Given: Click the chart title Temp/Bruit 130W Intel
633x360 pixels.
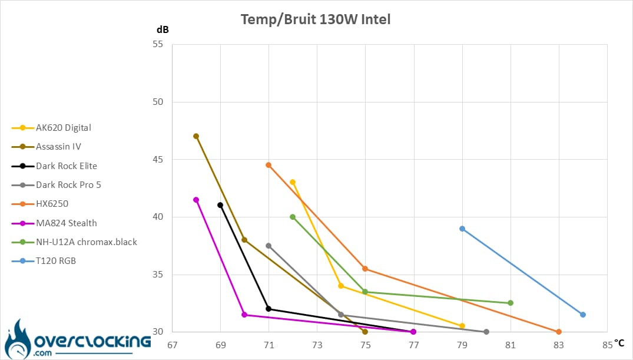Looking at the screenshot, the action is coord(315,19).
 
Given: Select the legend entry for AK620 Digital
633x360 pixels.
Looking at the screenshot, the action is coord(51,128).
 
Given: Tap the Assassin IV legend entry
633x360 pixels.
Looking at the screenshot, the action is coord(47,147).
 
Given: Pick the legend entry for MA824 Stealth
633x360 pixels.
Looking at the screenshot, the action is coord(54,223).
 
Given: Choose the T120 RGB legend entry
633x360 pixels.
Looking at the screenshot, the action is coord(44,261).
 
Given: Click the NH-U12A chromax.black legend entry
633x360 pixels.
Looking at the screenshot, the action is coord(74,242).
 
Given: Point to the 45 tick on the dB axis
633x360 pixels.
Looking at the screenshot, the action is coord(158,160).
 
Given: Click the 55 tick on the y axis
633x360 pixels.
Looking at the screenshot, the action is coord(158,44).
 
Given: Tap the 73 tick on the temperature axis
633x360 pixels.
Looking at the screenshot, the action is coord(317,345).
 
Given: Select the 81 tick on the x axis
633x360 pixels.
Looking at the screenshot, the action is coord(511,345).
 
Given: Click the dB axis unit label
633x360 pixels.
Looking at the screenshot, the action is coord(163,29).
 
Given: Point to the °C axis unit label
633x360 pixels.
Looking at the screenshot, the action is coord(619,343).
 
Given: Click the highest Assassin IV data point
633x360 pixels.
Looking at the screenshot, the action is coord(196,136).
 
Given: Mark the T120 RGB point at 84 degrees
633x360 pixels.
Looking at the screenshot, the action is coord(583,315).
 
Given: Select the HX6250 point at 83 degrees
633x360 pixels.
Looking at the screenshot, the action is coord(559,332).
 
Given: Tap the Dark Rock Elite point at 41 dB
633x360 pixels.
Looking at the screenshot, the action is coord(220,205).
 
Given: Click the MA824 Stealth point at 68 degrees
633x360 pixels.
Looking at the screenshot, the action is coord(196,200).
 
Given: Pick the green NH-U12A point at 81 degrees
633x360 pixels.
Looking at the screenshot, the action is coord(511,303).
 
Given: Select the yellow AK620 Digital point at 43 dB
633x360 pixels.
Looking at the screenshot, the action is coord(293,182).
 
